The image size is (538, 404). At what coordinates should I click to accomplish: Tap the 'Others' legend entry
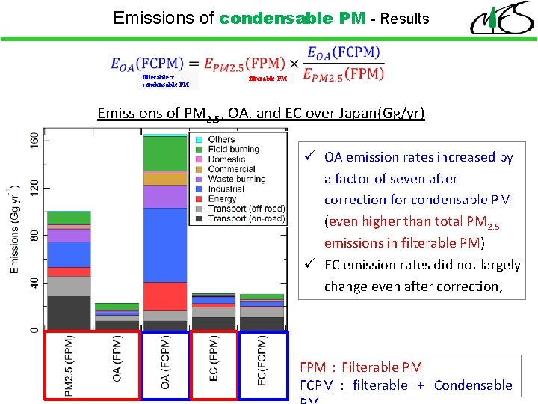coord(221,140)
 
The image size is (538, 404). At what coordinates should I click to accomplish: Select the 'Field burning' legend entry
coord(234,150)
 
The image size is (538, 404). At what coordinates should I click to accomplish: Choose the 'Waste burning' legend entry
coord(236,180)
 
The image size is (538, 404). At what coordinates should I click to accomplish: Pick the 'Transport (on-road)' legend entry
coord(246,219)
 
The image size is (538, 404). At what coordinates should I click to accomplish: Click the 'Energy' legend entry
coord(223,199)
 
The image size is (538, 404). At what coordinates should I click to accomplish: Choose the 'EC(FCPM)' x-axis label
coord(262,360)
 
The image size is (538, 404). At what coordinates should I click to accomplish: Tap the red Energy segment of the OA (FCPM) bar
coord(165,296)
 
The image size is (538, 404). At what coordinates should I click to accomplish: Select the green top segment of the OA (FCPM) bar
coord(165,154)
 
